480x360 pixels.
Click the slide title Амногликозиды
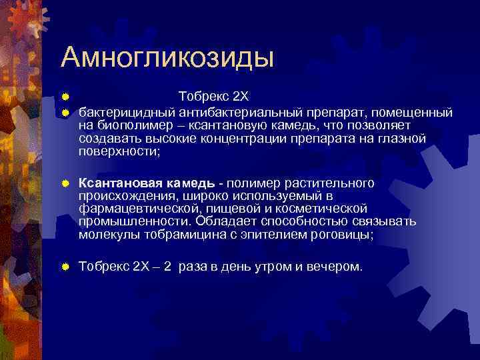[x=167, y=58]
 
